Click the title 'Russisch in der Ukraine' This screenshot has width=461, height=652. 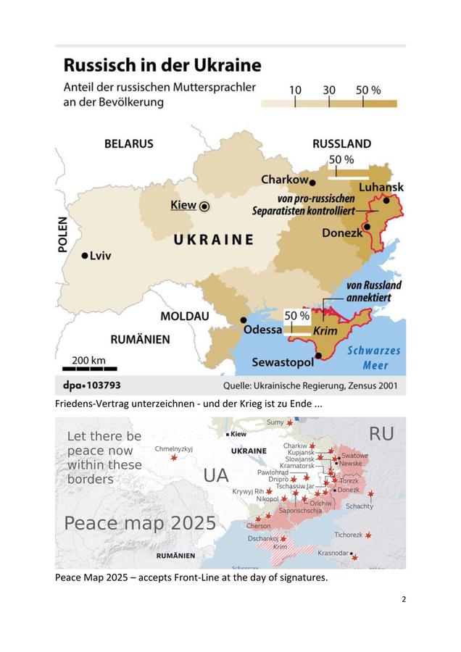click(162, 65)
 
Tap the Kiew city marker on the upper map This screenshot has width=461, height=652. click(204, 206)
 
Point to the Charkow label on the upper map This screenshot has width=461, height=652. click(285, 180)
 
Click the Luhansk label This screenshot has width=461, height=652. click(381, 187)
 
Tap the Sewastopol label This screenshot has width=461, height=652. click(282, 361)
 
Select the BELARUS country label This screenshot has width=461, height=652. click(128, 143)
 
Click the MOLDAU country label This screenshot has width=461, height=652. click(184, 317)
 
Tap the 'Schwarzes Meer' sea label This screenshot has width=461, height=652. click(374, 357)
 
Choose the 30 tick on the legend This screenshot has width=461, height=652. click(329, 91)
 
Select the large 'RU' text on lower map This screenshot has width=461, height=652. click(381, 434)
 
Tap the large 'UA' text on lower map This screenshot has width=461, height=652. click(216, 476)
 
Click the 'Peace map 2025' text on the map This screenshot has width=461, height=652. click(140, 522)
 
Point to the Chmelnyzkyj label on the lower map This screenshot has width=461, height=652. click(174, 448)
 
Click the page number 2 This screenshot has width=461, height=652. click(403, 600)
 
